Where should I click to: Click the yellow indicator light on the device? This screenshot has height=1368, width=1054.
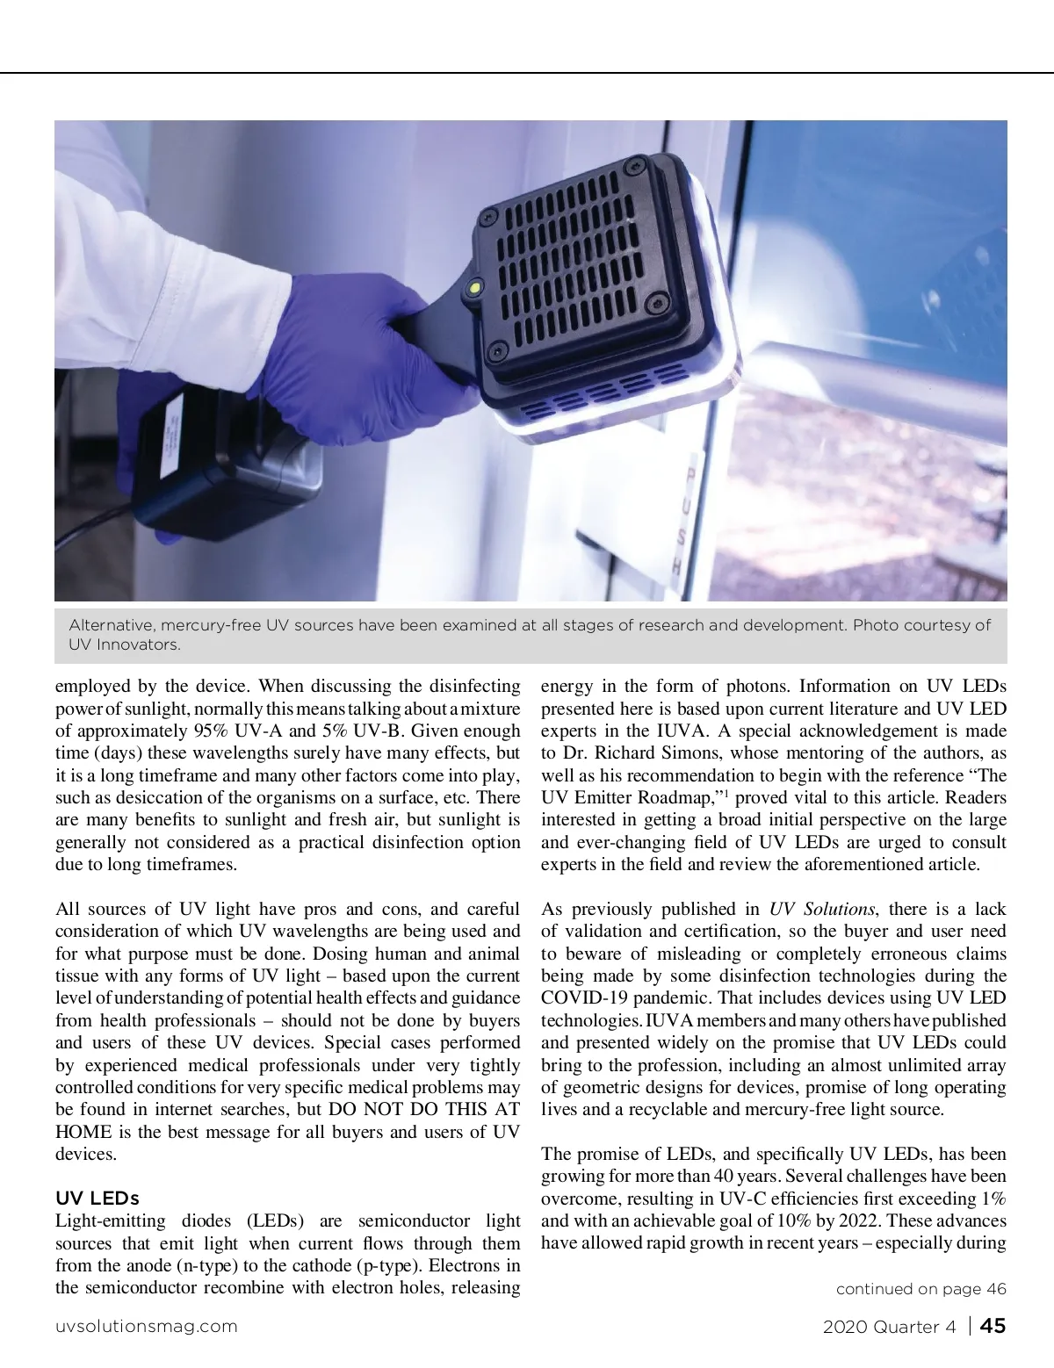point(475,286)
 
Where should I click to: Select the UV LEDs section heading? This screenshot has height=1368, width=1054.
point(97,1199)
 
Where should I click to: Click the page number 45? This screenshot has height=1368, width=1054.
point(993,1326)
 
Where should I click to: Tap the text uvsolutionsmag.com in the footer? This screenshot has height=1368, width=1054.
point(146,1327)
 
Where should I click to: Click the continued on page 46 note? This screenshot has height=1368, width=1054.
point(920,1289)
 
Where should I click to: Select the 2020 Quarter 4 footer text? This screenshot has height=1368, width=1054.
point(889,1327)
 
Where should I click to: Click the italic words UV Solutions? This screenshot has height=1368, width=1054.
point(822,910)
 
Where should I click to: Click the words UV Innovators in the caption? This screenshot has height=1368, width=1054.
point(124,645)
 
